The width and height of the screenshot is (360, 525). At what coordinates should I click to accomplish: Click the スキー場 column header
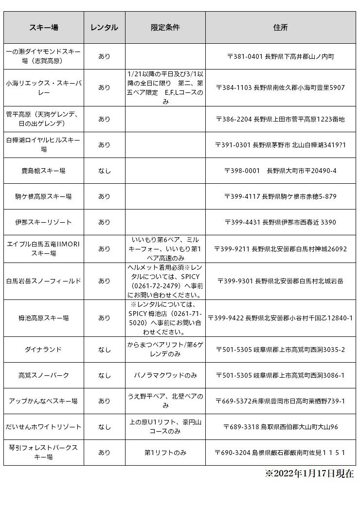44,28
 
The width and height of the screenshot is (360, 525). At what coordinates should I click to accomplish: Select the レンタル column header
104,28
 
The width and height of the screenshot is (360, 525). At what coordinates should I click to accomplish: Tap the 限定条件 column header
165,28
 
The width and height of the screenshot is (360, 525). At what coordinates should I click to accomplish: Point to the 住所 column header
280,28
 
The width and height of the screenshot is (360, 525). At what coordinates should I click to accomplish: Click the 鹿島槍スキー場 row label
44,171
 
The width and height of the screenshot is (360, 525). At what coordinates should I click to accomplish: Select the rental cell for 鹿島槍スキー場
104,171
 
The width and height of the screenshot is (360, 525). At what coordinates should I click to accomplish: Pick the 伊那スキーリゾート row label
44,222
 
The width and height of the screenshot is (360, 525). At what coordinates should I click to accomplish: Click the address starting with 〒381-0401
280,56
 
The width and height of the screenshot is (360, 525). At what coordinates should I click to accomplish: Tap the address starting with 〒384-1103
280,88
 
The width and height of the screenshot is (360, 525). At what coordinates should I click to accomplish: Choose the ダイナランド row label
44,350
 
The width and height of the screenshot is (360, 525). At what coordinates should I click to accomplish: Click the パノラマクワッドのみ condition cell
165,375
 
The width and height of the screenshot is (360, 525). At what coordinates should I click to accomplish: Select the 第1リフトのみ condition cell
165,453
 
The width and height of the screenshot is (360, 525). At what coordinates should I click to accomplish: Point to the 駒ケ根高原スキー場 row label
44,196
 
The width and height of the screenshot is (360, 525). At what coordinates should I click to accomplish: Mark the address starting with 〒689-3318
280,427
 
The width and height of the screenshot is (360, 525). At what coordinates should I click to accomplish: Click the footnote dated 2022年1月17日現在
309,473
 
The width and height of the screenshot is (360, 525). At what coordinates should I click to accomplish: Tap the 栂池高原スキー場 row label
44,318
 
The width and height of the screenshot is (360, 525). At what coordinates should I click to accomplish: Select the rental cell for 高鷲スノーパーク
104,375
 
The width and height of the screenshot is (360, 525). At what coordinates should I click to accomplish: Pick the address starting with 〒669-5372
280,401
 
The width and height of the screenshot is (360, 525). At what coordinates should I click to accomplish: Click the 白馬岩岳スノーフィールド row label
44,281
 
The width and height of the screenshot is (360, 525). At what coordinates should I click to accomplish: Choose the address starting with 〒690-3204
280,453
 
